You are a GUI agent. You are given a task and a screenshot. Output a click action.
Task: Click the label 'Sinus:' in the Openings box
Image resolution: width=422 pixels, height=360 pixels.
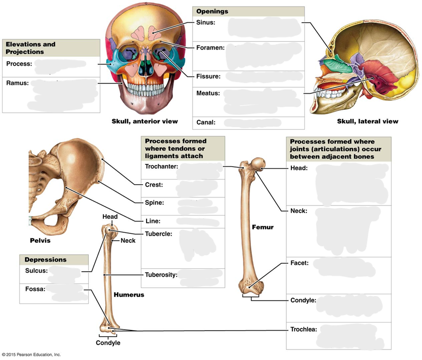pos(205,22)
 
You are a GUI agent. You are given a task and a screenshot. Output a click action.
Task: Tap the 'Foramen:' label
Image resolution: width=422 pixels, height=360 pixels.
pos(210,48)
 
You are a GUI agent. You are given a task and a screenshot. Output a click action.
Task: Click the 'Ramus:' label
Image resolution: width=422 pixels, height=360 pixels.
pos(17,83)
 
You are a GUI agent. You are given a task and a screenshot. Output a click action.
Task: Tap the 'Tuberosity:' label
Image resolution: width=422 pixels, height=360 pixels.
pos(162,274)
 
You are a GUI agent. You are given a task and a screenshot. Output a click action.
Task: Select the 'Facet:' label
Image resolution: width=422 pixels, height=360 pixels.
pos(299,263)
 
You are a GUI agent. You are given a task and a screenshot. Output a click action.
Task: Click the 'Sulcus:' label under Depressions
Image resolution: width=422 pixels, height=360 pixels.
pos(36,271)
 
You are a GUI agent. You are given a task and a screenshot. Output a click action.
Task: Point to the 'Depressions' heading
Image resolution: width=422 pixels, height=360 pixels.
pos(45,260)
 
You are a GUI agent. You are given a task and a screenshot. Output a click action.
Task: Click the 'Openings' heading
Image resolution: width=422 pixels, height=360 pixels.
pos(211,11)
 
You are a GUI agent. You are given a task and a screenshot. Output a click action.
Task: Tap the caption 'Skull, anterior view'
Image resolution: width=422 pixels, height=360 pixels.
pos(145,121)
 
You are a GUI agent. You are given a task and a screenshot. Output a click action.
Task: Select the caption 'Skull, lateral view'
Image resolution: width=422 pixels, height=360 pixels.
pos(368,121)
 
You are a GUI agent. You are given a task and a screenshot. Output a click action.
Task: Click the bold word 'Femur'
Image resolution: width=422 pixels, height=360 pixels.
pos(262,227)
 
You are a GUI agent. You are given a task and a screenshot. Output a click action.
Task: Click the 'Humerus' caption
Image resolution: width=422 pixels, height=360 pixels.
pos(129,295)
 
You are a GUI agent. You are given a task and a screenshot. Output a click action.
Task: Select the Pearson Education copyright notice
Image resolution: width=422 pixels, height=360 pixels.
pos(31,355)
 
